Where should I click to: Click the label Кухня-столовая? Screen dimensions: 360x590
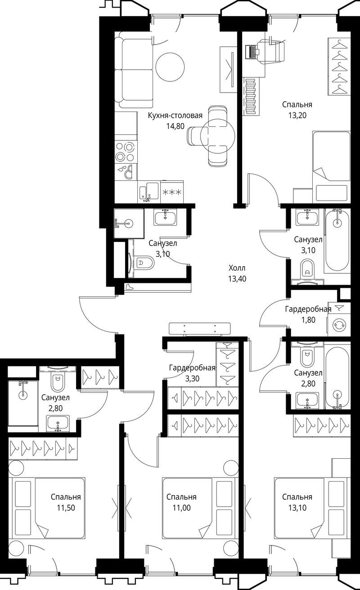pyautogui.click(x=175, y=116)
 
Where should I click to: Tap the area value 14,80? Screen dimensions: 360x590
pyautogui.click(x=175, y=126)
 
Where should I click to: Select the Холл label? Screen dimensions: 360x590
pyautogui.click(x=237, y=268)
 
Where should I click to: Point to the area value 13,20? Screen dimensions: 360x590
pyautogui.click(x=297, y=116)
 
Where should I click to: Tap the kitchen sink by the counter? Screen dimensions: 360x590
pyautogui.click(x=148, y=192)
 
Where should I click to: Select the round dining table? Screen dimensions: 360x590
pyautogui.click(x=218, y=136)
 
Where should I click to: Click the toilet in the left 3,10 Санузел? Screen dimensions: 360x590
pyautogui.click(x=144, y=263)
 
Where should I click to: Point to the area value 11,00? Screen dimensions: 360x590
pyautogui.click(x=182, y=508)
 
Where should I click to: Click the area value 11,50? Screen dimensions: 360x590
pyautogui.click(x=66, y=508)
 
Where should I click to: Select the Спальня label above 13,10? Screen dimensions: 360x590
pyautogui.click(x=297, y=497)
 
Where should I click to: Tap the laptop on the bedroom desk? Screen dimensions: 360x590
pyautogui.click(x=252, y=51)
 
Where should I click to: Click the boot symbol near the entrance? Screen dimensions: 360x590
pyautogui.click(x=130, y=287)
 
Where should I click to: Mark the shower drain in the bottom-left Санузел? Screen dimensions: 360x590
pyautogui.click(x=22, y=394)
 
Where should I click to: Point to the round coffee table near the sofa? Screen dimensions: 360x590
pyautogui.click(x=170, y=67)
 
